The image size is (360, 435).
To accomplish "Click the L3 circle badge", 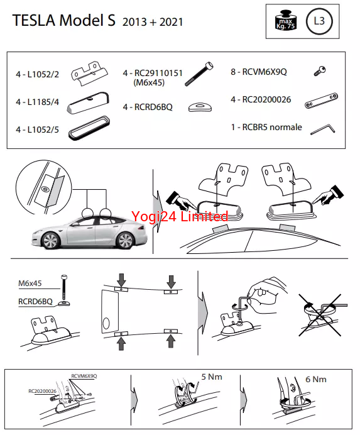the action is click(x=319, y=21).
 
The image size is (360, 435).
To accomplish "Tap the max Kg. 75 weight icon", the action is click(x=285, y=20).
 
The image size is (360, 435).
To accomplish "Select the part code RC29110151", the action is click(x=158, y=73).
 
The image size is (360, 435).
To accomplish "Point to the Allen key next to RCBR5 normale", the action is click(x=322, y=129).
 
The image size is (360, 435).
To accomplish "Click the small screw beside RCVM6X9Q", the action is click(x=320, y=71).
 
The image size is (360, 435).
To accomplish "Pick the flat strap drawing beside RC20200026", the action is click(x=321, y=101).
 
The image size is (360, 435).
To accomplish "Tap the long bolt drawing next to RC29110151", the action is click(x=199, y=74).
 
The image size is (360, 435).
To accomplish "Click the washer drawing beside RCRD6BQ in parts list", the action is click(x=200, y=107).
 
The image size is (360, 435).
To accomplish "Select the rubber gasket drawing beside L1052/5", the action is click(x=89, y=128).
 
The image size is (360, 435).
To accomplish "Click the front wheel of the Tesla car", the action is click(x=51, y=241).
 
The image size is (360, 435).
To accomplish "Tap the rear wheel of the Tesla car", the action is click(x=125, y=240).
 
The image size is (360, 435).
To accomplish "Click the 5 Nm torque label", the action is click(x=212, y=377).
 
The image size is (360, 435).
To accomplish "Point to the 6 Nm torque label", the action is click(x=316, y=379).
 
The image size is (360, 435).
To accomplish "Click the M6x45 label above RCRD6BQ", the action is click(x=30, y=284).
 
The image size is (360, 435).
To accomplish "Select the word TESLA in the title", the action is click(x=33, y=20).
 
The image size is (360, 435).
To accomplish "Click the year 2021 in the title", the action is click(x=171, y=22).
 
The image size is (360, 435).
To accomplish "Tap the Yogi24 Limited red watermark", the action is click(x=180, y=216).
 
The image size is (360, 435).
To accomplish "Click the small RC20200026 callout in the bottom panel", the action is click(x=42, y=391).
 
